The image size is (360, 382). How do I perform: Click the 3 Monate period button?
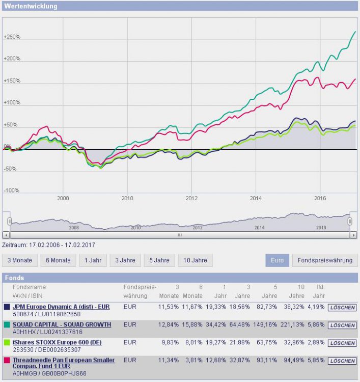pyautogui.click(x=19, y=260)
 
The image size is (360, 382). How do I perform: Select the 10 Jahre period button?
pyautogui.click(x=195, y=260)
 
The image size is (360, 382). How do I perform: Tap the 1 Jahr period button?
pyautogui.click(x=92, y=260)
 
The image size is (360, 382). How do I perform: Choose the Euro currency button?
pyautogui.click(x=277, y=260)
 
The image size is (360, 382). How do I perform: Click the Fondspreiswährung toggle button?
pyautogui.click(x=325, y=260)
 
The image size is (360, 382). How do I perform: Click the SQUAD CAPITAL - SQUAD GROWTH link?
pyautogui.click(x=62, y=325)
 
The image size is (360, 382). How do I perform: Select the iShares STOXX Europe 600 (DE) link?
pyautogui.click(x=57, y=342)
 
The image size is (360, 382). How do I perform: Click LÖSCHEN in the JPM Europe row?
pyautogui.click(x=342, y=308)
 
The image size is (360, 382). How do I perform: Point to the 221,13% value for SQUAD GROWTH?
pyautogui.click(x=294, y=325)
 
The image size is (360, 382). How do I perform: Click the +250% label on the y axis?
pyautogui.click(x=12, y=37)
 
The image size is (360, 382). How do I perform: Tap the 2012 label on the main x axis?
pyautogui.click(x=191, y=198)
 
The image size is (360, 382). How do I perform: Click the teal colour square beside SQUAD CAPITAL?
pyautogui.click(x=6, y=325)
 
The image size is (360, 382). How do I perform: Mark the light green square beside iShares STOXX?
pyautogui.click(x=6, y=342)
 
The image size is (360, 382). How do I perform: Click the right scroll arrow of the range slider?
pyautogui.click(x=353, y=235)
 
